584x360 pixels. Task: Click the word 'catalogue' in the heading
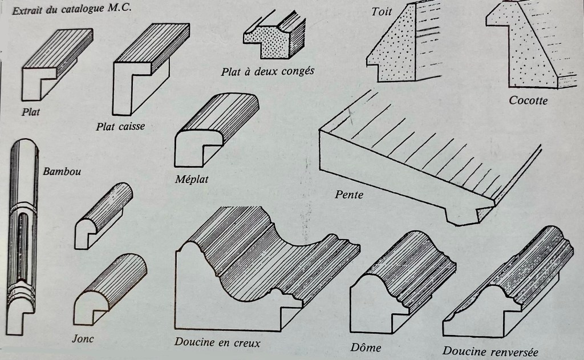82,9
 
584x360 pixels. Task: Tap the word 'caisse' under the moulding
132,127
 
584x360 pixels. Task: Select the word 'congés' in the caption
298,71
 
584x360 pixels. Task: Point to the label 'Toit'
382,11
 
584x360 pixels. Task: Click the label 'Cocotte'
528,100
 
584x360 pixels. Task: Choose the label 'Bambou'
62,171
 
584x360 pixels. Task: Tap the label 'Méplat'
192,179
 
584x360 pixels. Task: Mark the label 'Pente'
349,195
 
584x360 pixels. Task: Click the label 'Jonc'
83,339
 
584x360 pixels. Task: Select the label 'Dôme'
366,347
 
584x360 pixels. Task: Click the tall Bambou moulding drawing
22,237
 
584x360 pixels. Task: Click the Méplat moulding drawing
217,130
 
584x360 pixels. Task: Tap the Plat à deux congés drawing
274,35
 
